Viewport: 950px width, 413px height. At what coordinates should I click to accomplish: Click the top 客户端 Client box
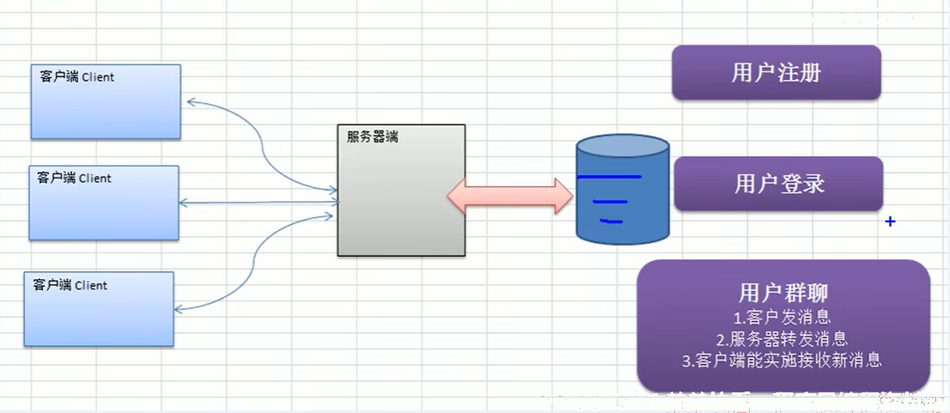pyautogui.click(x=106, y=101)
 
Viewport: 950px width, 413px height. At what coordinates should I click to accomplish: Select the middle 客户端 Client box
pyautogui.click(x=104, y=203)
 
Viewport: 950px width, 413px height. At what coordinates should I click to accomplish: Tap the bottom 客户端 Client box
pyautogui.click(x=99, y=309)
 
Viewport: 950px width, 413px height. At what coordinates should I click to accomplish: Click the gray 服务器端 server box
pyautogui.click(x=402, y=190)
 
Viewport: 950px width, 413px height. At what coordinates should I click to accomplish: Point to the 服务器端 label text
pyautogui.click(x=372, y=137)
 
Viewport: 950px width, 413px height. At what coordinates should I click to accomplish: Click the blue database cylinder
pyautogui.click(x=623, y=188)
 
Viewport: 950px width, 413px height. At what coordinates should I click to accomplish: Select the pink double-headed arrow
pyautogui.click(x=510, y=196)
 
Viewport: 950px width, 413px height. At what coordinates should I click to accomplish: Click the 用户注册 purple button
pyautogui.click(x=776, y=73)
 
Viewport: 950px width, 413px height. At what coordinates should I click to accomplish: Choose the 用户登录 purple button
pyautogui.click(x=778, y=184)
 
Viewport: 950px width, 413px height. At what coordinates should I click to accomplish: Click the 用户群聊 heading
pyautogui.click(x=783, y=293)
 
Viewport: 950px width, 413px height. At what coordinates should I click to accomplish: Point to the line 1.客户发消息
pyautogui.click(x=783, y=317)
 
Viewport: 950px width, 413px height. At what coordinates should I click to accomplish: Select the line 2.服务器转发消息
pyautogui.click(x=783, y=338)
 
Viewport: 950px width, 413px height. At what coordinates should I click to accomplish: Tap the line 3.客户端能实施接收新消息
pyautogui.click(x=783, y=361)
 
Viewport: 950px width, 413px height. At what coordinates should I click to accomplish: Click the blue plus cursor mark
pyautogui.click(x=890, y=222)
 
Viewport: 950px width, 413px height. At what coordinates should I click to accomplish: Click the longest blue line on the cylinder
pyautogui.click(x=609, y=177)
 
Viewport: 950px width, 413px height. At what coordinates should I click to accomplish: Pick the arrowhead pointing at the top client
pyautogui.click(x=192, y=101)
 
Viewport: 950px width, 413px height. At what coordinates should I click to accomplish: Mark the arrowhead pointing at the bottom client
pyautogui.click(x=180, y=309)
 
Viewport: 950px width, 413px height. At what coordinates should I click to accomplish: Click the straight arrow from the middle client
pyautogui.click(x=258, y=203)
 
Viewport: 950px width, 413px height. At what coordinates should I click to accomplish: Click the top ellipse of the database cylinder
pyautogui.click(x=623, y=145)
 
